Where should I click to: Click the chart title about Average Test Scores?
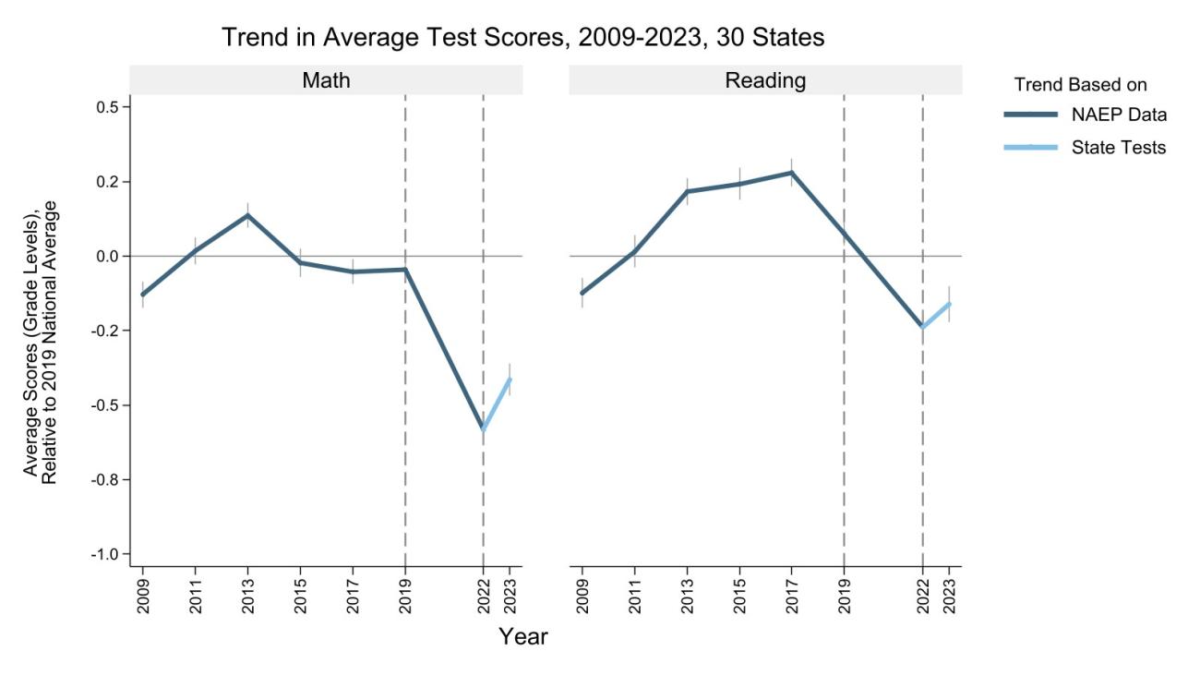point(523,39)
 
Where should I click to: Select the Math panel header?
point(326,81)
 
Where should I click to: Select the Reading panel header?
point(765,81)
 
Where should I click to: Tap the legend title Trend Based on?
point(1080,85)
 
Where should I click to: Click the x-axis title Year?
point(523,637)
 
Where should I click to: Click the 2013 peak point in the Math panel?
point(247,215)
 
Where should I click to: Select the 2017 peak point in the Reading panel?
point(791,173)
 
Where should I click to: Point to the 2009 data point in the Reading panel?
point(582,293)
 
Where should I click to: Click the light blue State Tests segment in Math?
point(497,404)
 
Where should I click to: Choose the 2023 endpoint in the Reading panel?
point(949,304)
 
